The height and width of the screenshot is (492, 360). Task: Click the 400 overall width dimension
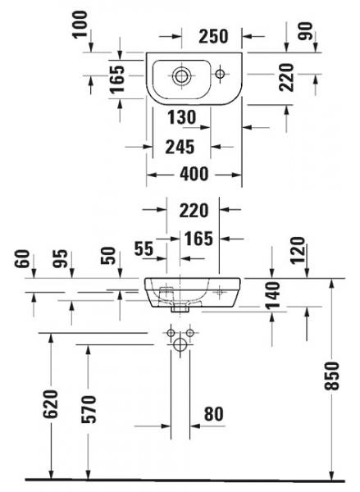(194, 174)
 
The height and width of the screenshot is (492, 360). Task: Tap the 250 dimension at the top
(213, 36)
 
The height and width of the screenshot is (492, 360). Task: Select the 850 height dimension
(332, 376)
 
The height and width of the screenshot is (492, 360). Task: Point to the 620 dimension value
(51, 404)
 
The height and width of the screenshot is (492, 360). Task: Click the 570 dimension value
(89, 409)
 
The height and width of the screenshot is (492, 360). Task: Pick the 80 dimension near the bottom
(214, 414)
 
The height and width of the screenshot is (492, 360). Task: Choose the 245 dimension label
(180, 147)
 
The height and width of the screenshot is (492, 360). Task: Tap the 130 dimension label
(182, 117)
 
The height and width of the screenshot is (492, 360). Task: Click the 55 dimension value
(144, 248)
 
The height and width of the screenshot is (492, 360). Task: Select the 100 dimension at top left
(80, 24)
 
